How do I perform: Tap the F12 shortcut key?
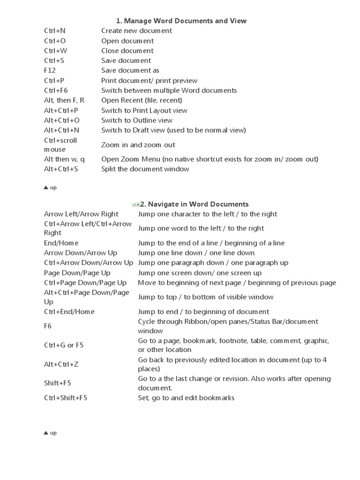50,70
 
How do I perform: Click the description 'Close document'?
127,51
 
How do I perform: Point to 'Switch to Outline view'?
137,120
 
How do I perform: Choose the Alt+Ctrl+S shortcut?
61,169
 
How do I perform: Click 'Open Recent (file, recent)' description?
142,100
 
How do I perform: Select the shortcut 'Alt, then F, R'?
64,100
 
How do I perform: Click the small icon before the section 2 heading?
136,204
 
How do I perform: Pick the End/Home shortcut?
61,243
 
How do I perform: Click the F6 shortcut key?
48,326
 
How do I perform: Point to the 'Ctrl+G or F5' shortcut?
64,345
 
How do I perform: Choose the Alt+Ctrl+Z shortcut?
61,364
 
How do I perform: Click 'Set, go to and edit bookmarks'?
186,398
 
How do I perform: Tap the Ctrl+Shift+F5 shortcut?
66,398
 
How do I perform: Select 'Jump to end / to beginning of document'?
203,312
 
